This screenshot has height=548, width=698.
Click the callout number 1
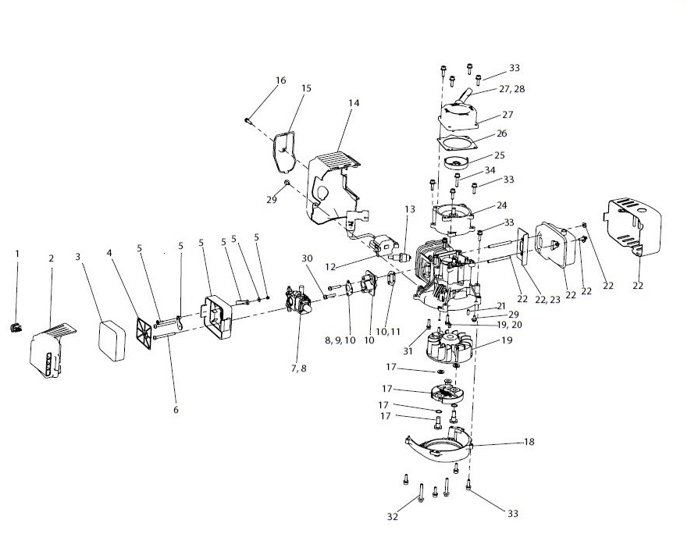coord(17,253)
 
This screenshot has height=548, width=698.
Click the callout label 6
coord(176,410)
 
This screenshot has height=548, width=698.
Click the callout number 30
coord(306,258)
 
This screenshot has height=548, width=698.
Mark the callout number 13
coord(410,209)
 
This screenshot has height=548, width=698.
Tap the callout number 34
coord(490,170)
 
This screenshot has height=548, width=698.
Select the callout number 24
coord(501,205)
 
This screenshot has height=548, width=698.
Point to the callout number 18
coord(529,442)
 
